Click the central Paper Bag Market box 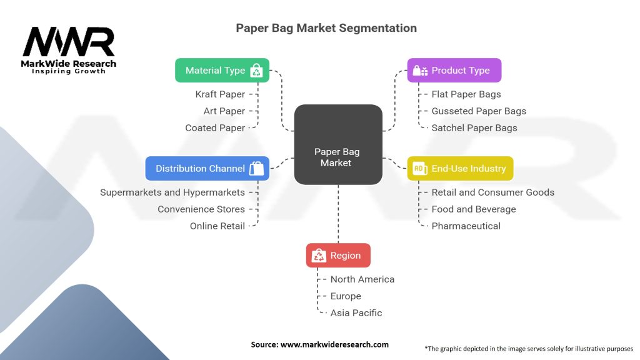(338, 145)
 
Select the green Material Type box (222, 71)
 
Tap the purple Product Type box (454, 71)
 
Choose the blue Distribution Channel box (207, 168)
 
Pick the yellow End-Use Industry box (460, 168)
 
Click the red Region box (338, 255)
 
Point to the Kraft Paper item (220, 94)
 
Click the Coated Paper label (215, 127)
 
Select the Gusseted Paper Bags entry (479, 111)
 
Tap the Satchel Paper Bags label (474, 127)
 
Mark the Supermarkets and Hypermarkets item (172, 192)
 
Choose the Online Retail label (217, 226)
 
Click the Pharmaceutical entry (466, 226)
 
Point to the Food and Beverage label (474, 209)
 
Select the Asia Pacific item (356, 312)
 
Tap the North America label (362, 279)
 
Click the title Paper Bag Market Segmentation (326, 28)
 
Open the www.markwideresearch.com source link (334, 344)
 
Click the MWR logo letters (69, 42)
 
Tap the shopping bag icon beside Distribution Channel (256, 168)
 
